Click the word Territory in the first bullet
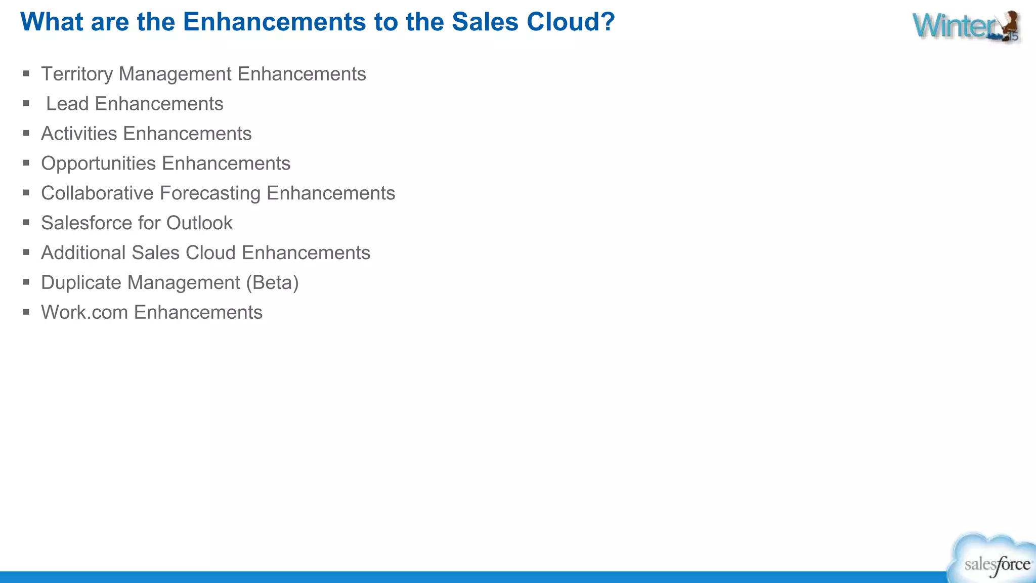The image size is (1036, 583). (77, 74)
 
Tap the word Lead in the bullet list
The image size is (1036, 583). (67, 104)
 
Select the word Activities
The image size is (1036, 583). (79, 134)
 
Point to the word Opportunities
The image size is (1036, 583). (98, 163)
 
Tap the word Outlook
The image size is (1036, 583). (199, 223)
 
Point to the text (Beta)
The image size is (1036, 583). (272, 283)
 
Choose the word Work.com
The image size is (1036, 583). (84, 313)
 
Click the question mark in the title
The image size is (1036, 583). (608, 22)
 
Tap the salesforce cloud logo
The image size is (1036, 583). (994, 560)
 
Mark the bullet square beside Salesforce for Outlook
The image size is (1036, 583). (26, 222)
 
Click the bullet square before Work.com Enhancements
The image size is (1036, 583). (26, 312)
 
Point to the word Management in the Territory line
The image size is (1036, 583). (175, 74)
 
